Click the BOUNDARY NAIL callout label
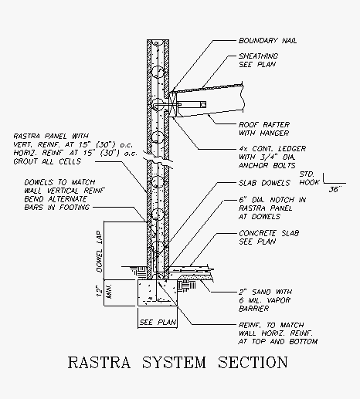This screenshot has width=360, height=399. click(x=267, y=41)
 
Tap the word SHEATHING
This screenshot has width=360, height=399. click(x=258, y=56)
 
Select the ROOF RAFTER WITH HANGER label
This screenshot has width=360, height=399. click(x=264, y=129)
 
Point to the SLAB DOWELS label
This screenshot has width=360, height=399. click(x=264, y=183)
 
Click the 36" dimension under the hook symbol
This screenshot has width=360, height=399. click(x=335, y=190)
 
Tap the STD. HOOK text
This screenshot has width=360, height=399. click(x=309, y=178)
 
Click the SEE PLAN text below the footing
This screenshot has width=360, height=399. click(x=158, y=323)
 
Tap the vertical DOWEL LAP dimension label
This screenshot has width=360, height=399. click(x=100, y=252)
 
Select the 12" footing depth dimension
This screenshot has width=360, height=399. click(x=99, y=291)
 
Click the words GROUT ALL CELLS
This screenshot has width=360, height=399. click(x=47, y=161)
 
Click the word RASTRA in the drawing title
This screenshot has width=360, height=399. click(x=99, y=362)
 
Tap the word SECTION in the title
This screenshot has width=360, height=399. click(x=253, y=362)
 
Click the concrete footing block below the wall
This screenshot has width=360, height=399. click(x=158, y=292)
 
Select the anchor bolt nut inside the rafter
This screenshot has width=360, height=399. click(x=203, y=105)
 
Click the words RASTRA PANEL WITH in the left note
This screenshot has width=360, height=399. click(x=51, y=136)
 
